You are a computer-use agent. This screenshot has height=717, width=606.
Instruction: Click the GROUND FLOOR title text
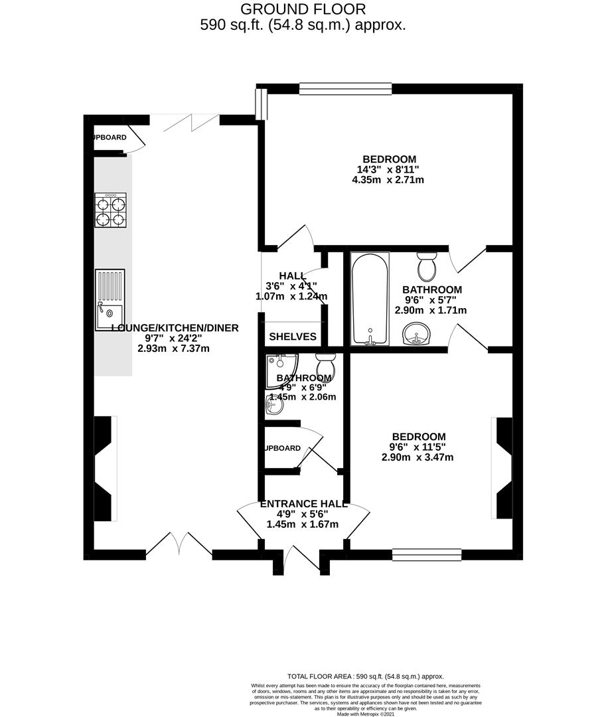coord(303,9)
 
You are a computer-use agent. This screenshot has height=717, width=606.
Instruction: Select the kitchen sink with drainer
coord(110,299)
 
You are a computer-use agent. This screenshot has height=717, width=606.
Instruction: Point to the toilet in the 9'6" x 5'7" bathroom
coord(426,266)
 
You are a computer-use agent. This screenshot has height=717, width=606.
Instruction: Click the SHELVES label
coord(292,337)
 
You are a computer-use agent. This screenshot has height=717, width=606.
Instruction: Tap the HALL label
coord(292,276)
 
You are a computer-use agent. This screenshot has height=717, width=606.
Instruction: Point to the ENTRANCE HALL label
coord(302,503)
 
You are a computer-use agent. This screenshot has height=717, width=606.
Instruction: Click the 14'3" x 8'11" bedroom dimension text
coord(389,169)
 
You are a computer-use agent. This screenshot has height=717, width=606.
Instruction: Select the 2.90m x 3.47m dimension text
coord(417,457)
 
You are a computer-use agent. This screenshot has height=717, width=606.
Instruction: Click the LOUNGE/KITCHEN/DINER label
coord(174,327)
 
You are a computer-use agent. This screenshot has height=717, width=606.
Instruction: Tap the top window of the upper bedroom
coord(345,88)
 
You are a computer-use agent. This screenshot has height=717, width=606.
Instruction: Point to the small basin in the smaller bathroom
coord(272,405)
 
